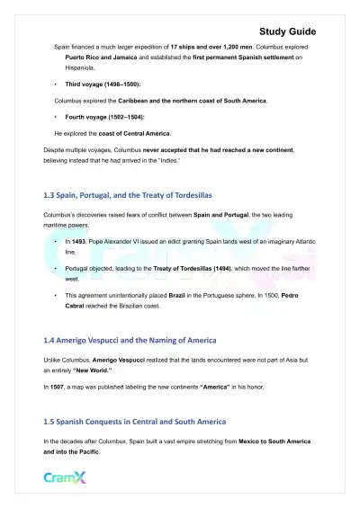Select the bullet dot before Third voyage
(x=57, y=83)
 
